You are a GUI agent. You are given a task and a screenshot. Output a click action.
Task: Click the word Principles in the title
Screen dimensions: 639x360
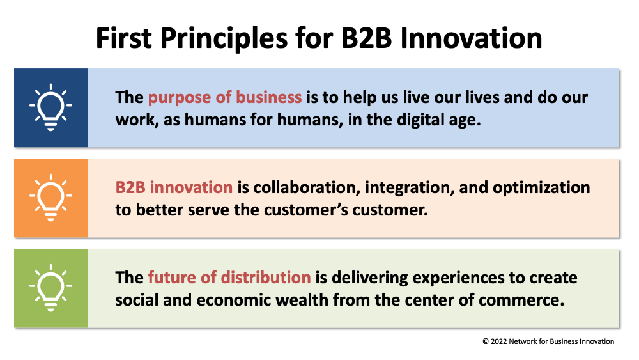coord(224,39)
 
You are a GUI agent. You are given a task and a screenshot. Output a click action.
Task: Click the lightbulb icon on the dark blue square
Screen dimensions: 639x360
coord(50,107)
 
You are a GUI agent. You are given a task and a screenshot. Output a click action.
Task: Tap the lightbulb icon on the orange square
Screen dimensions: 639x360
coord(50,198)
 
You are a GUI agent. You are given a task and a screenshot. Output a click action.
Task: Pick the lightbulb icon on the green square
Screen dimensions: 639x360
coord(50,288)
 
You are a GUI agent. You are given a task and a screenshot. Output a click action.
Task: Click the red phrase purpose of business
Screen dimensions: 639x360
coord(224,98)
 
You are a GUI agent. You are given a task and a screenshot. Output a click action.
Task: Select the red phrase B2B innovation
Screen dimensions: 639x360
coord(174,187)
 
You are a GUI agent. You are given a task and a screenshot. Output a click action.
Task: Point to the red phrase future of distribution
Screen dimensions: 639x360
coord(229,278)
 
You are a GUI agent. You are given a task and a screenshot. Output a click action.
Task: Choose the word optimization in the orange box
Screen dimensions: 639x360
coord(541,188)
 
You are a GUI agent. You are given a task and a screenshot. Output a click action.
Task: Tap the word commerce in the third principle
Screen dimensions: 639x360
coord(521,301)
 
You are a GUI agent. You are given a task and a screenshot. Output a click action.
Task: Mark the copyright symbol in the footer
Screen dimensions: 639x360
coord(486,341)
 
